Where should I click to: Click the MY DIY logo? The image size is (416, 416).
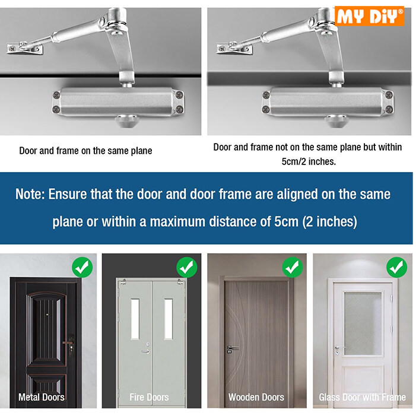coord(370,15)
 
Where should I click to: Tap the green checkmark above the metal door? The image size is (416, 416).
coord(82,267)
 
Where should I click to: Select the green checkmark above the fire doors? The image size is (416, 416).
coord(187,267)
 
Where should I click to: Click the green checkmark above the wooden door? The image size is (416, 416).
coord(293,267)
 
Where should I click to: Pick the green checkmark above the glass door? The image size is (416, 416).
coord(396,267)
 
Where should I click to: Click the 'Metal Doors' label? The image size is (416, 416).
coord(42,397)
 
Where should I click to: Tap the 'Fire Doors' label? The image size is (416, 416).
coord(149,397)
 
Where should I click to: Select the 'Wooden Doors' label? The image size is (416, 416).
coord(256,397)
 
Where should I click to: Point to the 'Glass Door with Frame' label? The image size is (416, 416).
coord(362,397)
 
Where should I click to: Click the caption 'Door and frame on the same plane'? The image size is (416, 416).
coord(85,151)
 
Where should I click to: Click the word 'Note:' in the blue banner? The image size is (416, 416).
coord(31,195)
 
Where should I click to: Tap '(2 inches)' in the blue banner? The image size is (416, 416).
coord(329,222)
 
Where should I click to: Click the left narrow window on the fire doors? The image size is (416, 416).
coord(135,319)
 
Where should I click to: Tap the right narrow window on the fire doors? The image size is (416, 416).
coord(169,319)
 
